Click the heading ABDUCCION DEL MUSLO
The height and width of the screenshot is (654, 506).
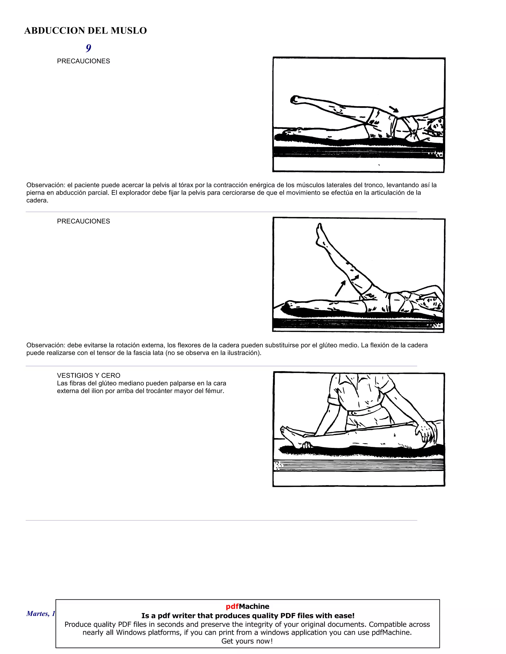click(85, 31)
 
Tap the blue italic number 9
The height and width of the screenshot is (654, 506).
click(88, 48)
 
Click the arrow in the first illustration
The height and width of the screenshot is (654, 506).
click(394, 109)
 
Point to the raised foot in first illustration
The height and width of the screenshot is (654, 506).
click(295, 100)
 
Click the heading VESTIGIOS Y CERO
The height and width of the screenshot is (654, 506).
click(88, 376)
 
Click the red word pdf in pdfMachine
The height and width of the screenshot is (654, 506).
click(232, 606)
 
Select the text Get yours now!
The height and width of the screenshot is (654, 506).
click(247, 641)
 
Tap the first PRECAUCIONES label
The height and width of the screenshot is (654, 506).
click(83, 61)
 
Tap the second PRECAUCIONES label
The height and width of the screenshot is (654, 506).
click(83, 221)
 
